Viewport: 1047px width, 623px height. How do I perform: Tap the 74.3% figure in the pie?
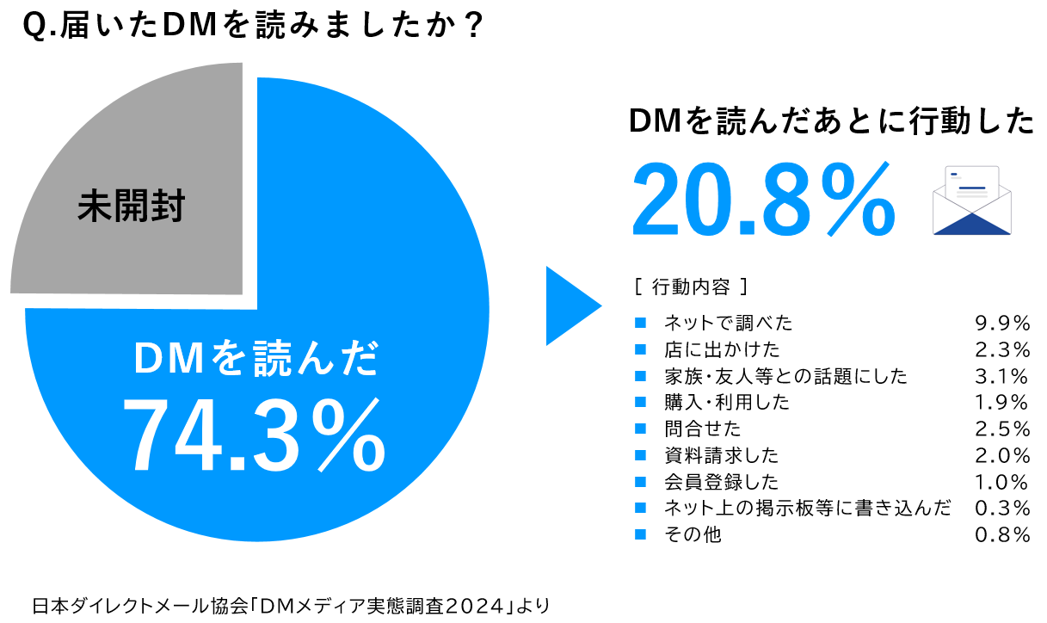coord(253,434)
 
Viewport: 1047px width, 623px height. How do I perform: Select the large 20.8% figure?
coord(762,200)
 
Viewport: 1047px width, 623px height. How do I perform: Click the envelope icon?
coord(971,200)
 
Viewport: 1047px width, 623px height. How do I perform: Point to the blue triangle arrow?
coord(571,306)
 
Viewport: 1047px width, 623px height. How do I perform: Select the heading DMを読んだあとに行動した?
coord(830,122)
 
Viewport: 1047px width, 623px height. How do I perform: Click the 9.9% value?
coord(1002,323)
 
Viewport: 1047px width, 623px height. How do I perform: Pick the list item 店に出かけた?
coord(722,349)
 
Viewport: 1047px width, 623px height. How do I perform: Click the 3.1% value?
coord(1002,376)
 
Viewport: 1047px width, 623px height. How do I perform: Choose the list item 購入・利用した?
coord(727,403)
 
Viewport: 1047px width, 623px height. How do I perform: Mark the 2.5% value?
coord(1002,429)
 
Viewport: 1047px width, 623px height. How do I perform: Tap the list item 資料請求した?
coord(722,455)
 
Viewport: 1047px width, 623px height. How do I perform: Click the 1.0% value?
coord(1002,482)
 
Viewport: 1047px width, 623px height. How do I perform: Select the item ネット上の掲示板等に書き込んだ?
coord(808,509)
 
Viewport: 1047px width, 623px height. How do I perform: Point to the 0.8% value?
coord(1002,534)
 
